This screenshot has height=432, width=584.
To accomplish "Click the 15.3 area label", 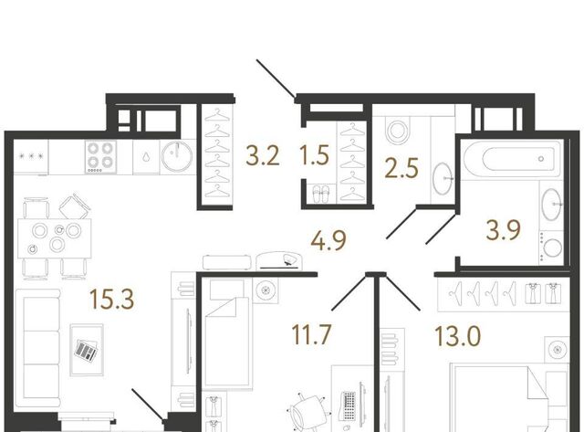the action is point(111,300).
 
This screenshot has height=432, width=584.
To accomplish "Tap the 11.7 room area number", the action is point(311,334).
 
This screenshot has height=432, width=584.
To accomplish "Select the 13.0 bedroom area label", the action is point(458,336).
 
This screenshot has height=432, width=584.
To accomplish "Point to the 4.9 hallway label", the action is point(328,240).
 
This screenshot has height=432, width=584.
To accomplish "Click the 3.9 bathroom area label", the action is point(503,230).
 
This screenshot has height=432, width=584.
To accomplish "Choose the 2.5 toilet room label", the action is point(401,168).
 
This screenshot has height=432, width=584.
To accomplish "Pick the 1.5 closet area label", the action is point(314,155).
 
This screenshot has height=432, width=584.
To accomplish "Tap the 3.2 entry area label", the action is point(263,156).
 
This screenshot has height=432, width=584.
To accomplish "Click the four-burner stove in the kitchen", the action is point(100,156).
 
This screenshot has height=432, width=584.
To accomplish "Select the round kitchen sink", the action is point(177,156).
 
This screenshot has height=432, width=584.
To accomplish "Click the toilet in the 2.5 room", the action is point(398,130).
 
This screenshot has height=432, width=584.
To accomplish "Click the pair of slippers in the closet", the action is point(320,194).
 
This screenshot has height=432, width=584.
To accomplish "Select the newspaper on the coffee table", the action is point(86,350).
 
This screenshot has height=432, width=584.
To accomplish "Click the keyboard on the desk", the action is point(348,406).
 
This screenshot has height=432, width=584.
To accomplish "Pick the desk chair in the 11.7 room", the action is point(308,412).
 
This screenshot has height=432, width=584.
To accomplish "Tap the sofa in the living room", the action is point(38,348).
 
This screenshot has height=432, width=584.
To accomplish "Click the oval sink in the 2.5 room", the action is point(443,178).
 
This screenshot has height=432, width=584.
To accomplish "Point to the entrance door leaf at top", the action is point(276,79).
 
